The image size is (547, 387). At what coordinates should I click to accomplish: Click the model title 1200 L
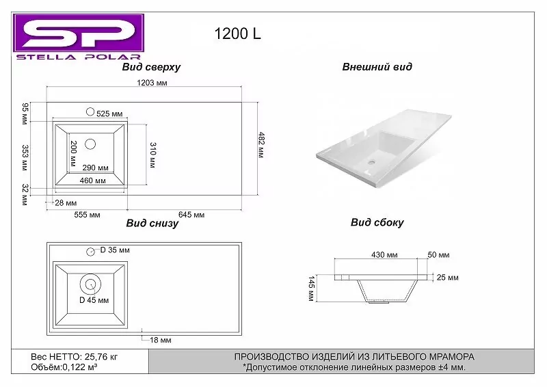[x=238, y=34]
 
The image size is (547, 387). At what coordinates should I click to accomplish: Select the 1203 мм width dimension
[x=152, y=83]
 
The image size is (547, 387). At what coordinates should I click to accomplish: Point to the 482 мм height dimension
[x=261, y=144]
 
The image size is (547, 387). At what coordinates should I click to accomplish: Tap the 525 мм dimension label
[x=109, y=114]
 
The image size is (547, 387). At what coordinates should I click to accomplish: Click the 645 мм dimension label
[x=191, y=215]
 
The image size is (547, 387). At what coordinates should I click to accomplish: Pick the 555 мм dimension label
[x=87, y=215]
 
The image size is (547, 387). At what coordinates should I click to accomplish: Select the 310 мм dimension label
[x=152, y=155]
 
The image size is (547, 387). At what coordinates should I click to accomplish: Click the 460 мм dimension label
[x=92, y=181]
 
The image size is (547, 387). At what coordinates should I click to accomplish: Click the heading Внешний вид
[x=377, y=67]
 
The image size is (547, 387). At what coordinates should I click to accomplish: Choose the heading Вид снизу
[x=152, y=224]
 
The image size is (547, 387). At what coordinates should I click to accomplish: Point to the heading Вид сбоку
[x=377, y=222]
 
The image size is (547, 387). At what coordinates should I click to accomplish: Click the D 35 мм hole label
[x=114, y=250]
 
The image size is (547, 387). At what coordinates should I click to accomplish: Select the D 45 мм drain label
[x=94, y=300]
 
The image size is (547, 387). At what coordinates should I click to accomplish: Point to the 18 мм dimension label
[x=160, y=340]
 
